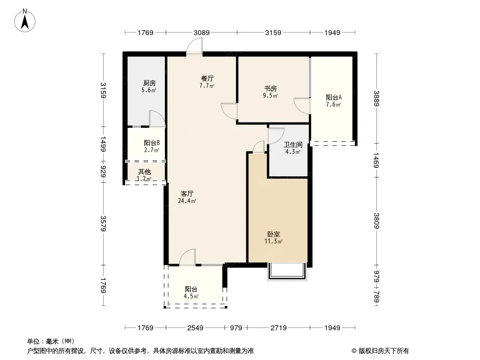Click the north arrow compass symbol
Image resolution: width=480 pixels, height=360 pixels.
click(x=25, y=20)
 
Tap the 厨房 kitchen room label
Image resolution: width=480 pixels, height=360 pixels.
click(x=149, y=83)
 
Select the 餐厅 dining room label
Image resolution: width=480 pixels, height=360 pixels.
click(x=207, y=79)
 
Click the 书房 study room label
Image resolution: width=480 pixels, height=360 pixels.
click(x=271, y=88)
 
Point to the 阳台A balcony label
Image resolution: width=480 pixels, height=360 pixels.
click(x=334, y=98)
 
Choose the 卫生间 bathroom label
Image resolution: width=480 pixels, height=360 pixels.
click(x=293, y=144)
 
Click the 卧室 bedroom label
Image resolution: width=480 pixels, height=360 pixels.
click(x=274, y=234)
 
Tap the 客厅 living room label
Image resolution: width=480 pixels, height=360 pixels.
click(x=187, y=193)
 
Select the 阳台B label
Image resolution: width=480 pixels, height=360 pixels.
click(x=152, y=143)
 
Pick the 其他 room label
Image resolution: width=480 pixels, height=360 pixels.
click(x=144, y=172)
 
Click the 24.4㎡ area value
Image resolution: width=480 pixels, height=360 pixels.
click(x=187, y=201)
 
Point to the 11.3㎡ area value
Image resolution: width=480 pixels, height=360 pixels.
click(x=273, y=241)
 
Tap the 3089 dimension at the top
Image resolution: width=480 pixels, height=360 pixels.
click(x=201, y=32)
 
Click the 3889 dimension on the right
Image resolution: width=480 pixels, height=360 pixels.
click(x=376, y=99)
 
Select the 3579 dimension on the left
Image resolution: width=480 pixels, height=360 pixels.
click(x=103, y=224)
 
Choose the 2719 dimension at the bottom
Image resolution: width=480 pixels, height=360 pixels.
click(x=279, y=328)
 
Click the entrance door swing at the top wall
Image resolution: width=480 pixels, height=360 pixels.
click(x=195, y=46)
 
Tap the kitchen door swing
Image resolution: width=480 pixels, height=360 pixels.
click(x=157, y=119)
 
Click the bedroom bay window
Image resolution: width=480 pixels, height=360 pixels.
click(x=287, y=272)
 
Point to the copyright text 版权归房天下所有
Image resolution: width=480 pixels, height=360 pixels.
click(x=384, y=351)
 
